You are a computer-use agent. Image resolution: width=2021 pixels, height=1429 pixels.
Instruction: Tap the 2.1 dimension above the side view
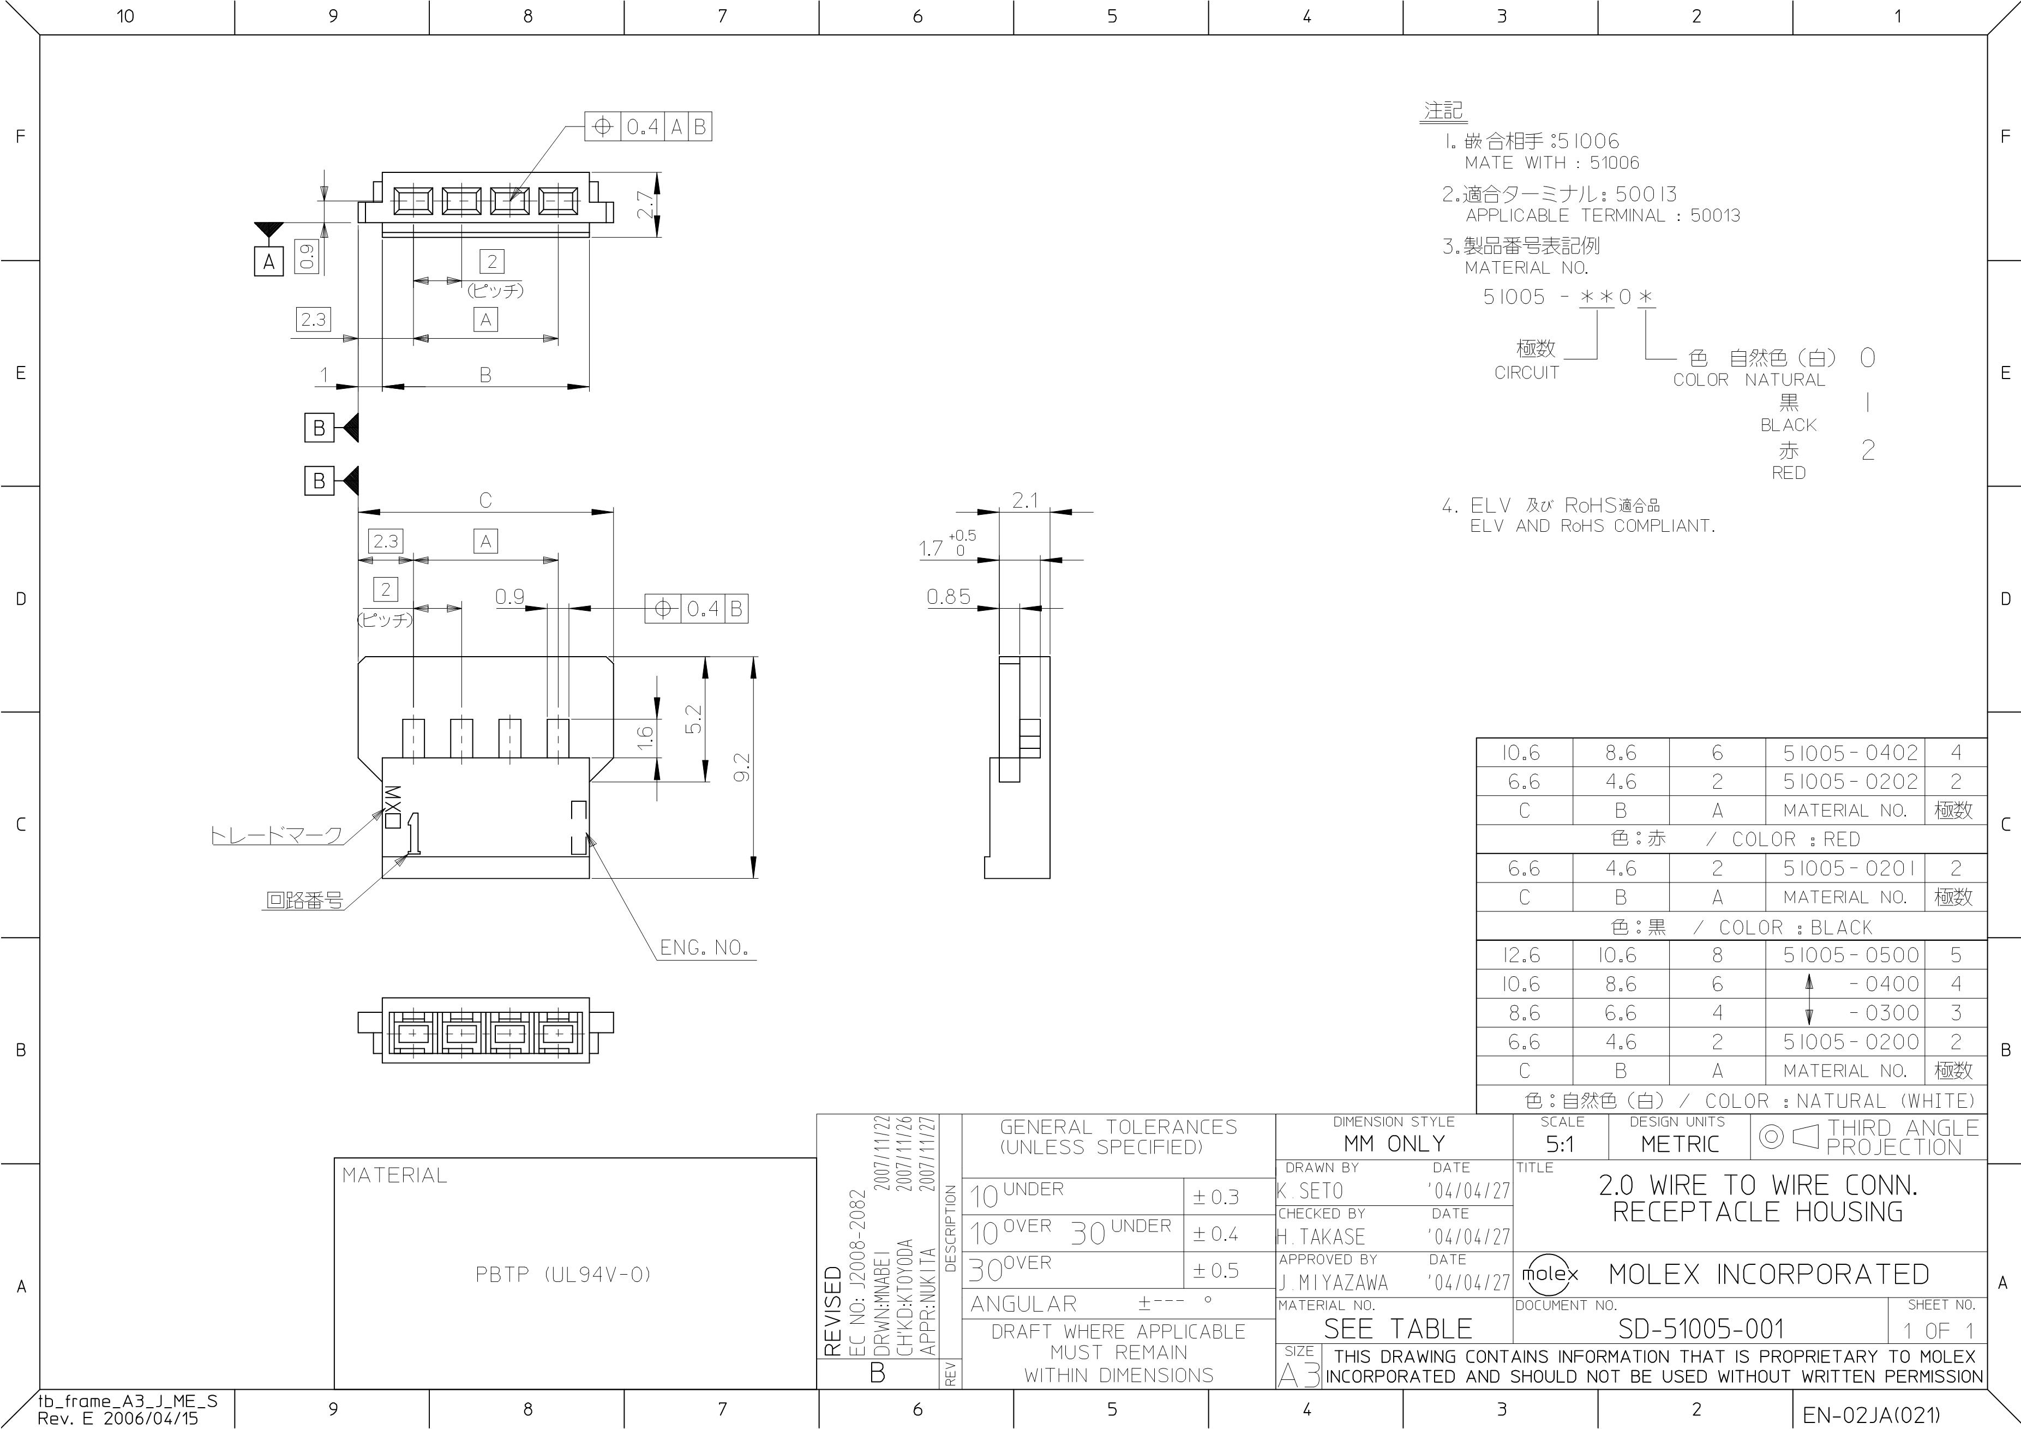(x=1024, y=501)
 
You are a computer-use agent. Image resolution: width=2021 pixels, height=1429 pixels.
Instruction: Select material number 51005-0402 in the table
(x=1850, y=752)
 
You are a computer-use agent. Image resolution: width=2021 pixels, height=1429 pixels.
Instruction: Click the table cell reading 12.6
(x=1524, y=954)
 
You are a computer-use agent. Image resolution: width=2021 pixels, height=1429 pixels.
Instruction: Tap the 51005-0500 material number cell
(x=1850, y=954)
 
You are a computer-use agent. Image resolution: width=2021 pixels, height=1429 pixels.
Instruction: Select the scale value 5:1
(x=1559, y=1145)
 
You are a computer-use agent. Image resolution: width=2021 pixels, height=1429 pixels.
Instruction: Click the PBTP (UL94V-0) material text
(x=563, y=1274)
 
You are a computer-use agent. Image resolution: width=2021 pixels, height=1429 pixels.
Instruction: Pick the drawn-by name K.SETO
(x=1310, y=1191)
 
